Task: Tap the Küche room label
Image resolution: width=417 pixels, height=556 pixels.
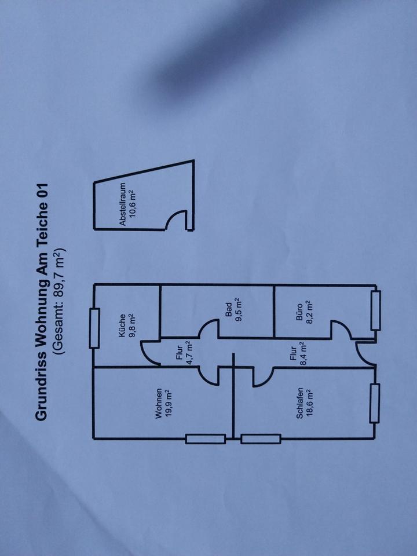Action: point(122,325)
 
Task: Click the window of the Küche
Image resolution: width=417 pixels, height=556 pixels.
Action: point(94,328)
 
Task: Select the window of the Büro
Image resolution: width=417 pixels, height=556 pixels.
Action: point(375,311)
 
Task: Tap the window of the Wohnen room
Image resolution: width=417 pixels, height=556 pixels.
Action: point(205,439)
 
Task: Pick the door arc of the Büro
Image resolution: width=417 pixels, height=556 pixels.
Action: point(341,329)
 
